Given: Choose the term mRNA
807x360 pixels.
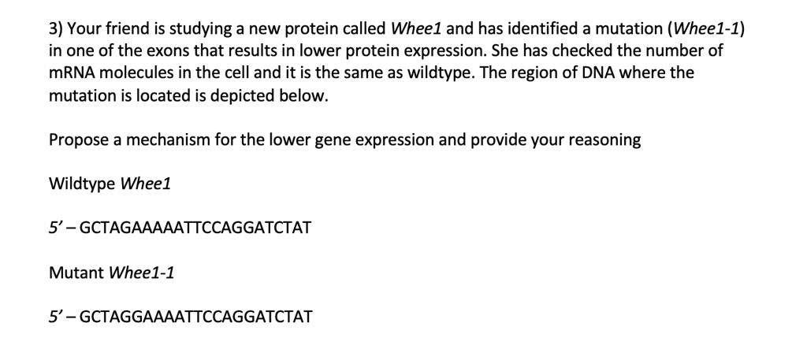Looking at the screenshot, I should (69, 74).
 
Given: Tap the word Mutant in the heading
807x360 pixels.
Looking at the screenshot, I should (76, 273).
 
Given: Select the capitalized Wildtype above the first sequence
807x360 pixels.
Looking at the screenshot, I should (81, 184).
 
